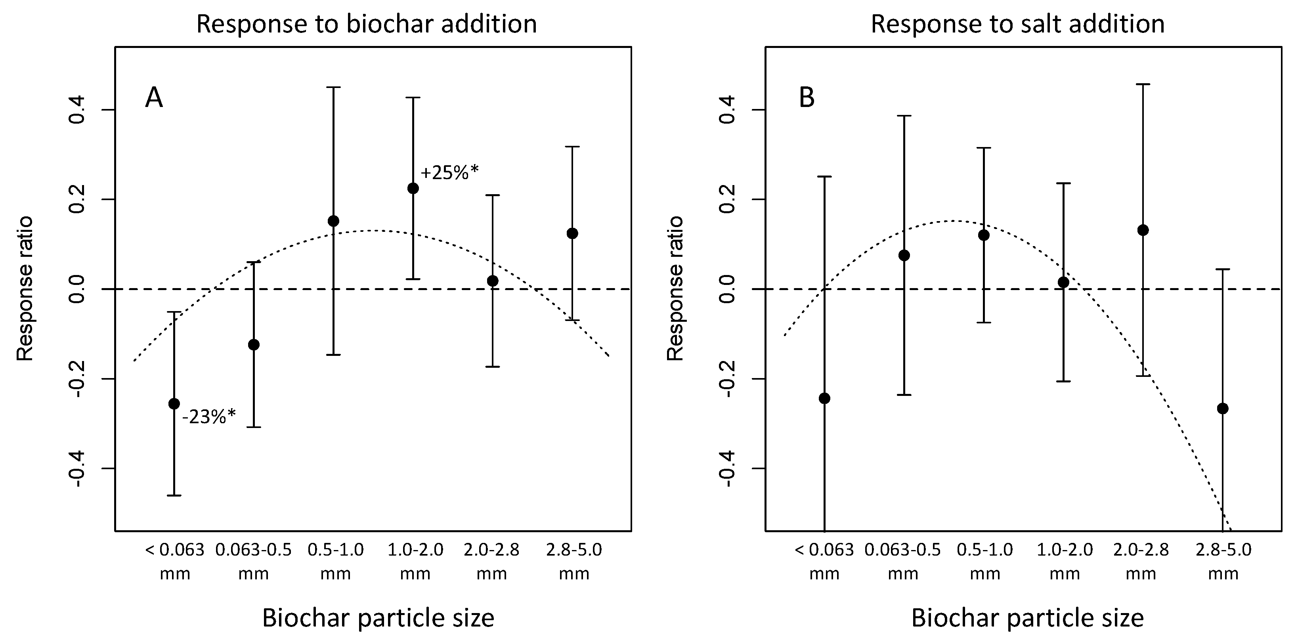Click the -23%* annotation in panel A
coord(209,416)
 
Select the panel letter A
coord(154,97)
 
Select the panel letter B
coord(807,97)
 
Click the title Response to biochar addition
coord(366,24)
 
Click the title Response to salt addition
coord(1017,24)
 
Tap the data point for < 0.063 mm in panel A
coord(174,403)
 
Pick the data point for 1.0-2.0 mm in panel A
coord(413,188)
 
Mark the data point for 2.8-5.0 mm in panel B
coord(1223,408)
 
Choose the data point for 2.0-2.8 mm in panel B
coord(1143,230)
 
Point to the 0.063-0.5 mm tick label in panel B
coord(902,562)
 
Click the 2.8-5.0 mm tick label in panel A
coord(574,562)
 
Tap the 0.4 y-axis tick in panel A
coord(77,110)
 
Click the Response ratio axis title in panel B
coord(675,288)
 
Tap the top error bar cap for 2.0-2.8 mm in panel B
coord(1143,84)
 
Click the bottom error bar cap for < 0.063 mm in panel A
coord(174,496)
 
